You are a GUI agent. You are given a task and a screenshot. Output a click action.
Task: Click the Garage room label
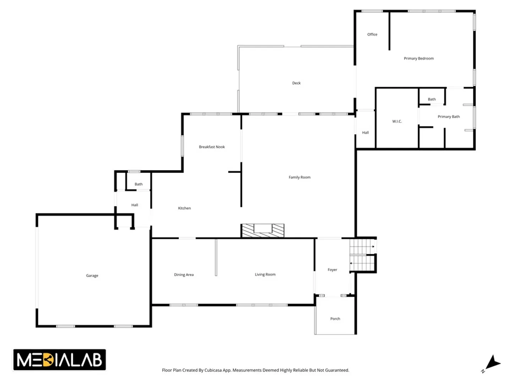tap(92, 276)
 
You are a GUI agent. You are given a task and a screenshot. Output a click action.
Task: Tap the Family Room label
tap(300, 177)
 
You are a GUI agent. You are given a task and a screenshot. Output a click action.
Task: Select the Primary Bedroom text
tap(419, 59)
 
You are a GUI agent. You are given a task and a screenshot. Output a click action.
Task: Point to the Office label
tap(372, 34)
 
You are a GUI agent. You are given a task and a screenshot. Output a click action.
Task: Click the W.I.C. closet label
tap(397, 121)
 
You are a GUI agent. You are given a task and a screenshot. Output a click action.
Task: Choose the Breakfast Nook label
tap(211, 147)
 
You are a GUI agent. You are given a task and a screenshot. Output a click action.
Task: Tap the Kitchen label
tap(184, 208)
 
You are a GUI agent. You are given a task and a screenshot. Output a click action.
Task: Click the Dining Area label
tap(184, 274)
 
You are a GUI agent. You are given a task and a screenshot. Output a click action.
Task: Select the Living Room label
tap(265, 274)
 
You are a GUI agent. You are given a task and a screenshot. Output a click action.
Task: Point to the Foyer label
tap(332, 270)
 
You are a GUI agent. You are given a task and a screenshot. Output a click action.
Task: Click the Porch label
tap(335, 318)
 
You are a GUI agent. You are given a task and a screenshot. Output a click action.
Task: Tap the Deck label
tap(296, 83)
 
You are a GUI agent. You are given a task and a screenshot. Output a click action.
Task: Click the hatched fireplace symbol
tap(263, 231)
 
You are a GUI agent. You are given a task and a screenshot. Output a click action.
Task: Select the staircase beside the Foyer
tap(363, 255)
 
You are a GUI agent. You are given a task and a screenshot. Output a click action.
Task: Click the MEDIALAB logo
tap(59, 360)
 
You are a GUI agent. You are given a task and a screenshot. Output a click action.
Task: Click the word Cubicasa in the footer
tap(213, 370)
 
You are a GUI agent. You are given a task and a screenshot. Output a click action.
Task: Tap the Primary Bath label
tap(449, 117)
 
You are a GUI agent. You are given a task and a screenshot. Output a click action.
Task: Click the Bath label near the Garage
tap(138, 184)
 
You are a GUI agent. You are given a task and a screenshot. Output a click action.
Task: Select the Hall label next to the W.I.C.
tap(365, 133)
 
